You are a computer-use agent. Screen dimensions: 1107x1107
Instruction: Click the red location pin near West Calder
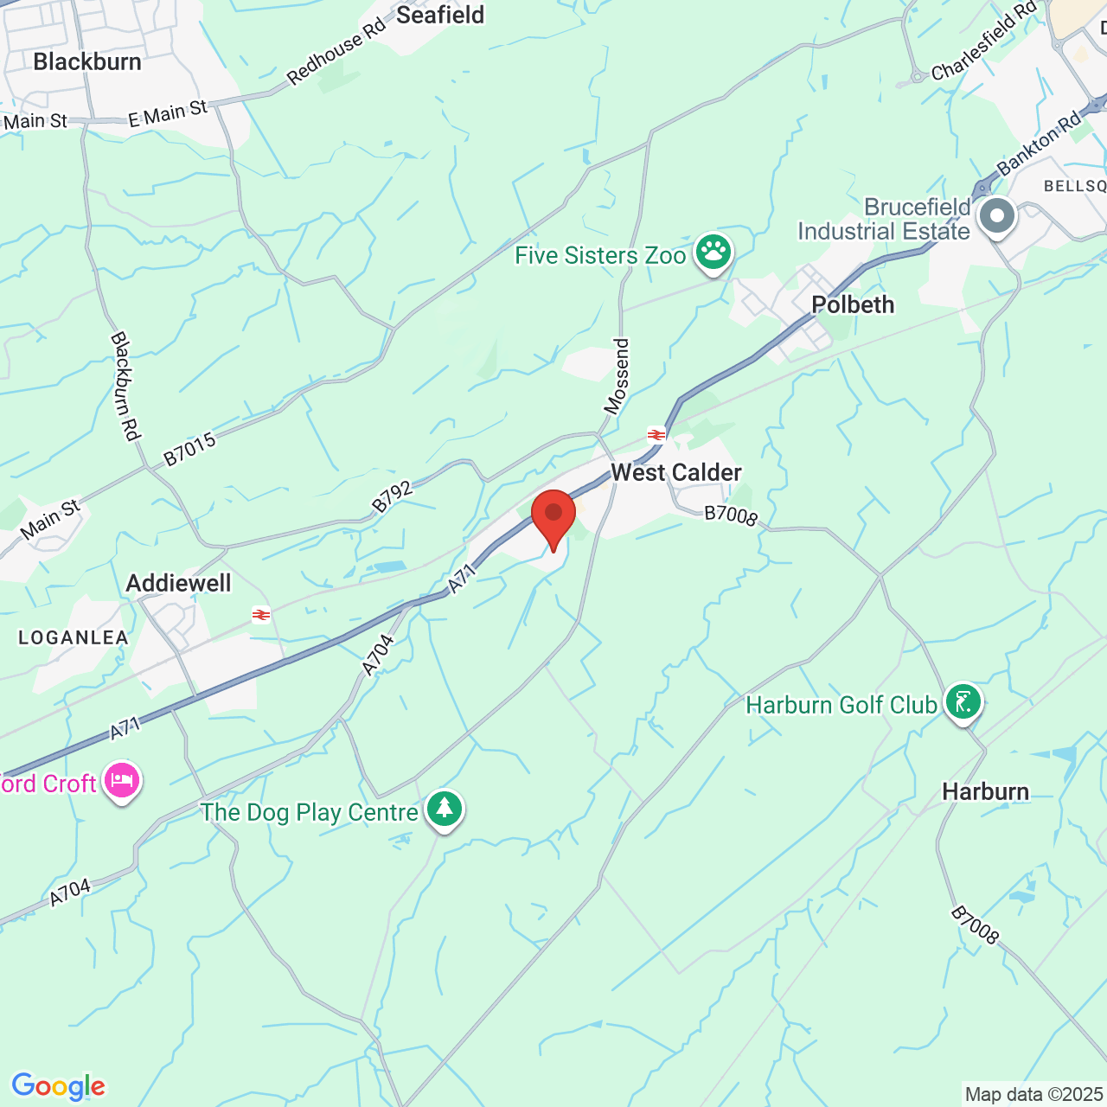pyautogui.click(x=553, y=516)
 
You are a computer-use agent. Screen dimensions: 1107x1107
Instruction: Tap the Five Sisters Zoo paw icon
pyautogui.click(x=713, y=253)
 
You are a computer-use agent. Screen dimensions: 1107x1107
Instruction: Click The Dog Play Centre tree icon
pyautogui.click(x=445, y=809)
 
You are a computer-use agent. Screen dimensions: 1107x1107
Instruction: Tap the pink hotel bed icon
pyautogui.click(x=122, y=781)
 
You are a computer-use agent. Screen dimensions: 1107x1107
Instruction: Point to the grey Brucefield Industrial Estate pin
pyautogui.click(x=997, y=217)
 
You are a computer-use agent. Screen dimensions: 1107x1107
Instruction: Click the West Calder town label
pyautogui.click(x=676, y=472)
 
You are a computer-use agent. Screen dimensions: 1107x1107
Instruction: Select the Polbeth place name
pyautogui.click(x=853, y=304)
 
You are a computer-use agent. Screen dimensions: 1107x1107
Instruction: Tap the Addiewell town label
pyautogui.click(x=179, y=583)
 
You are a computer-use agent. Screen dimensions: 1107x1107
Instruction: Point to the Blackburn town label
pyautogui.click(x=87, y=61)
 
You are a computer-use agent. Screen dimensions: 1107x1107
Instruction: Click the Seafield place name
pyautogui.click(x=440, y=15)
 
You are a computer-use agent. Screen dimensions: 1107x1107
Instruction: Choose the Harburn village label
pyautogui.click(x=985, y=791)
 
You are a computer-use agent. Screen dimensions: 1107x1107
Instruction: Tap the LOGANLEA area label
pyautogui.click(x=74, y=637)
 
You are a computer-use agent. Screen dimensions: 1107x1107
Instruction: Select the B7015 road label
pyautogui.click(x=189, y=451)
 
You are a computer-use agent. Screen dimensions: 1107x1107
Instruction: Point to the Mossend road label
pyautogui.click(x=617, y=377)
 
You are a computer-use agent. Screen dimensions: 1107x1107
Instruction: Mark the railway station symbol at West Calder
pyautogui.click(x=656, y=434)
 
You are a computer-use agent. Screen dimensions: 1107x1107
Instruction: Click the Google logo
pyautogui.click(x=59, y=1086)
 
